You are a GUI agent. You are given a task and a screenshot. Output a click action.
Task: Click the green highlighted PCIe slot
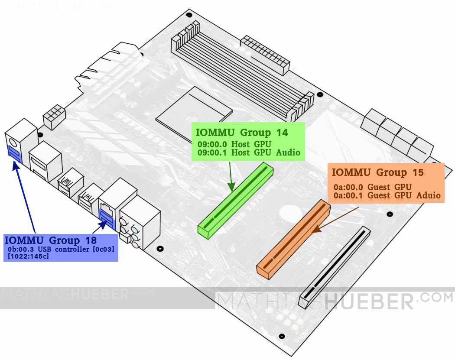coord(236,200)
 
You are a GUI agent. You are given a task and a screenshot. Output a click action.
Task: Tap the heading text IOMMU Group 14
coord(242,133)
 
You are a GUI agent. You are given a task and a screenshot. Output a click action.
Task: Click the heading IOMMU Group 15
coord(377,172)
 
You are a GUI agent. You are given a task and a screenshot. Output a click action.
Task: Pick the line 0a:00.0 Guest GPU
coord(372,187)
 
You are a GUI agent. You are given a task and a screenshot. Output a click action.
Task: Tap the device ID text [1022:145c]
coord(28,257)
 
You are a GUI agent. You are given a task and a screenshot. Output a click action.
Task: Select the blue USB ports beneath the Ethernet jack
coord(107,217)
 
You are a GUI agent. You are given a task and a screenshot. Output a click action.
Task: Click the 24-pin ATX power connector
coord(265,55)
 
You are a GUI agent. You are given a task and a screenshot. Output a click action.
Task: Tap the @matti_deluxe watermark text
coord(65,6)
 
